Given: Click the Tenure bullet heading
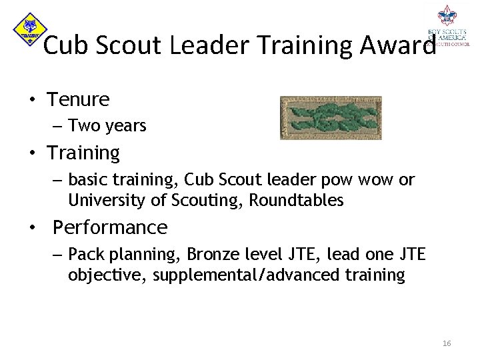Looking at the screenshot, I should pyautogui.click(x=78, y=100).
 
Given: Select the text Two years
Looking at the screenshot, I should pyautogui.click(x=107, y=126).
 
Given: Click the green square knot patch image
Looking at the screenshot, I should pyautogui.click(x=330, y=117).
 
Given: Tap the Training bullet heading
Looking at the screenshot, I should pyautogui.click(x=83, y=153).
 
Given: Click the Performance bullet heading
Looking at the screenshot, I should pyautogui.click(x=110, y=227).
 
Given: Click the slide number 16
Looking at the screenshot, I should pyautogui.click(x=446, y=343).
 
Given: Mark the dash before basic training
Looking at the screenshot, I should pyautogui.click(x=56, y=181).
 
